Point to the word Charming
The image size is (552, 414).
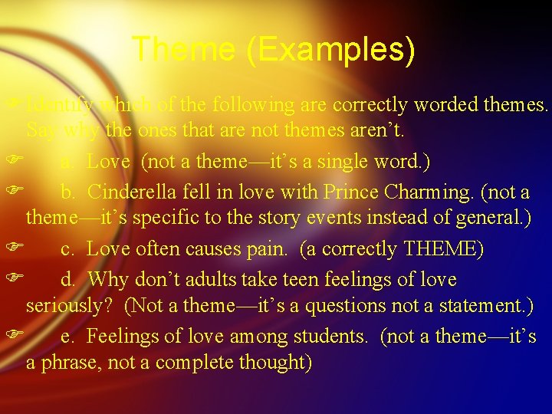pyautogui.click(x=419, y=192)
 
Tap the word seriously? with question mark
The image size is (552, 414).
pyautogui.click(x=71, y=306)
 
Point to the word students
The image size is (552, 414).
pyautogui.click(x=331, y=336)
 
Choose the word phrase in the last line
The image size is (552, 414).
pyautogui.click(x=69, y=363)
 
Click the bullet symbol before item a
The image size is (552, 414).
pyautogui.click(x=11, y=162)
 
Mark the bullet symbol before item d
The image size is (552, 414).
pyautogui.click(x=11, y=279)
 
